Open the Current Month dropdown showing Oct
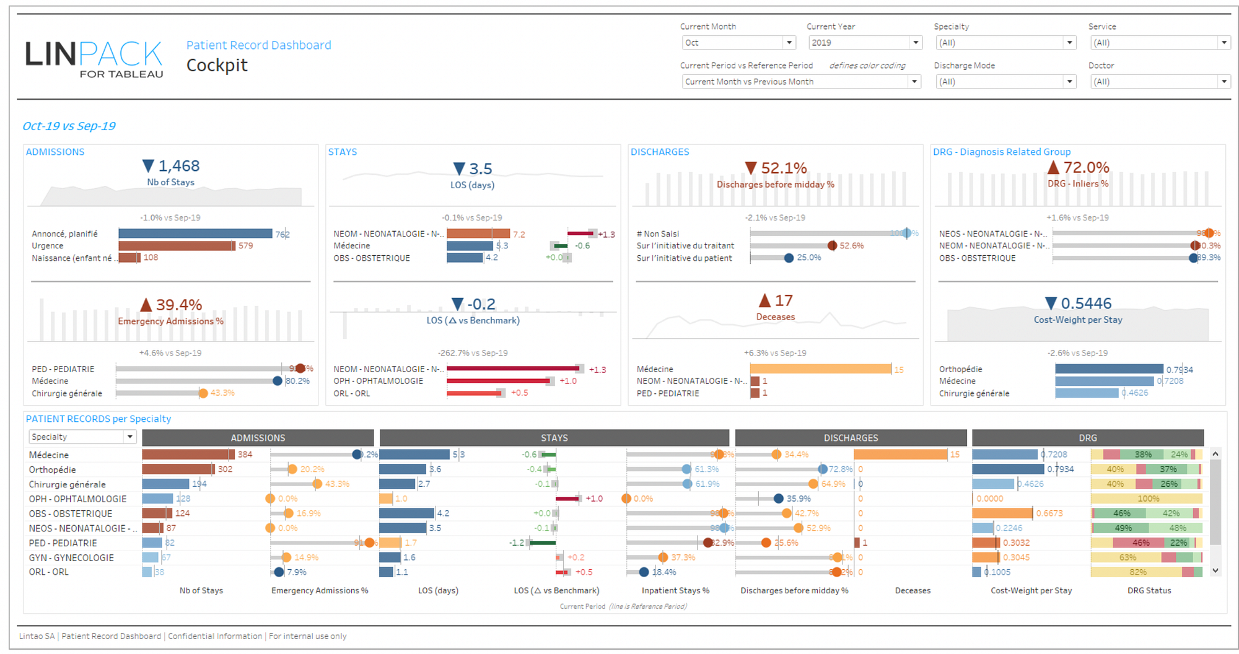click(x=738, y=43)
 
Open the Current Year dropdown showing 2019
click(x=865, y=43)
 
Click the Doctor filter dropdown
click(x=1159, y=82)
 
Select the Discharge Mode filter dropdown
click(x=1004, y=82)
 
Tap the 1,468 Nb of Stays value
click(x=178, y=166)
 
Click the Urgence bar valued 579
click(x=176, y=246)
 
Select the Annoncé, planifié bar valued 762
click(x=195, y=233)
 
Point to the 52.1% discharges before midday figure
click(x=783, y=168)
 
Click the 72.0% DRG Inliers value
click(x=1086, y=167)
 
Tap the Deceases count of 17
click(x=783, y=301)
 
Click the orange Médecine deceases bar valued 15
click(x=820, y=369)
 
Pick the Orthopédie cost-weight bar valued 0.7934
click(x=1109, y=369)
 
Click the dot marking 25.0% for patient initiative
click(x=789, y=258)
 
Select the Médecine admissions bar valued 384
click(x=188, y=455)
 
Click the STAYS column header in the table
click(x=554, y=438)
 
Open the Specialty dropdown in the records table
click(x=82, y=437)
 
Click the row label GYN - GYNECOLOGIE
click(x=71, y=557)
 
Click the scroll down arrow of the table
click(x=1215, y=570)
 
